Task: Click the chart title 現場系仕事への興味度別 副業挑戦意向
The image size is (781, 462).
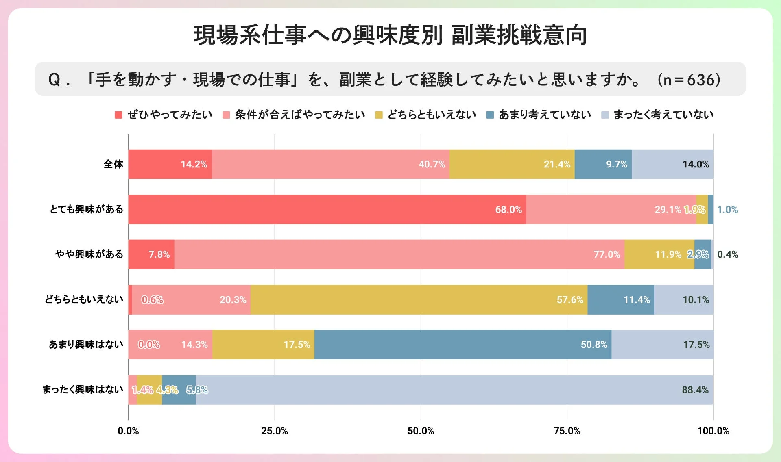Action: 390,35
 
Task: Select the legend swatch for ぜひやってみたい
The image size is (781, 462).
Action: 118,115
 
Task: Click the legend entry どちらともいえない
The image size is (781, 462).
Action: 431,115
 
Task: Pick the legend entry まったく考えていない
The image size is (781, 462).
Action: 663,115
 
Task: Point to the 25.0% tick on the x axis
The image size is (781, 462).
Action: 274,431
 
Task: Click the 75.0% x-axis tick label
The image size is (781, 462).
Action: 567,431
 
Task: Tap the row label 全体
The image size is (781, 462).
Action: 113,164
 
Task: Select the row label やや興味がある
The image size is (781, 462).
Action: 89,254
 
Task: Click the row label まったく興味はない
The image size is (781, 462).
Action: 83,390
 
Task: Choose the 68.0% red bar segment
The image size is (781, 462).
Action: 327,210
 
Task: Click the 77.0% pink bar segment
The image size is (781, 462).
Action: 399,254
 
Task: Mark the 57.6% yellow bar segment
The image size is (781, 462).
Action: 419,300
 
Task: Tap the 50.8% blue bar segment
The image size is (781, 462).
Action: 462,345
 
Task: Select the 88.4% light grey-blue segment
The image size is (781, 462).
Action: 454,390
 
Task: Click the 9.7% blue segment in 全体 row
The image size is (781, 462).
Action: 603,164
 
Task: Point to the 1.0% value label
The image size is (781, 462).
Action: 727,210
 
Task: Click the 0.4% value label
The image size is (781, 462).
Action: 727,254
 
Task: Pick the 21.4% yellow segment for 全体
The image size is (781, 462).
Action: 512,164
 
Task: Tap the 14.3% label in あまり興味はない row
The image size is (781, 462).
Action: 194,345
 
